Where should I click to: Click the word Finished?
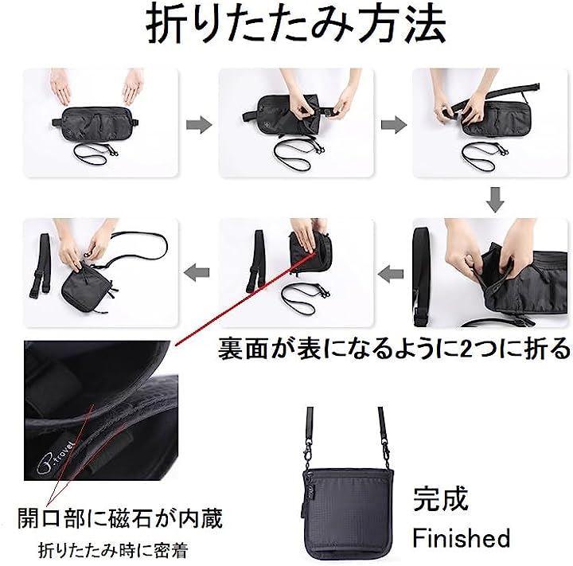click(461, 537)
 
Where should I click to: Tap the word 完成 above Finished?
click(440, 498)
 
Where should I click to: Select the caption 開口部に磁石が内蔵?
click(120, 518)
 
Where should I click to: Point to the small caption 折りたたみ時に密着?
click(113, 550)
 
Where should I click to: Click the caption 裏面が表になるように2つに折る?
click(394, 348)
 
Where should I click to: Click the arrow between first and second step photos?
click(199, 125)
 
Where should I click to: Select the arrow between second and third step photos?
click(394, 125)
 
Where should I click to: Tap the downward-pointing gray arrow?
click(495, 199)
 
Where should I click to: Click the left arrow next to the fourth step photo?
click(391, 274)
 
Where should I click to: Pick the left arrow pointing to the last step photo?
click(197, 273)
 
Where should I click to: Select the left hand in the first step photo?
click(60, 86)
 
